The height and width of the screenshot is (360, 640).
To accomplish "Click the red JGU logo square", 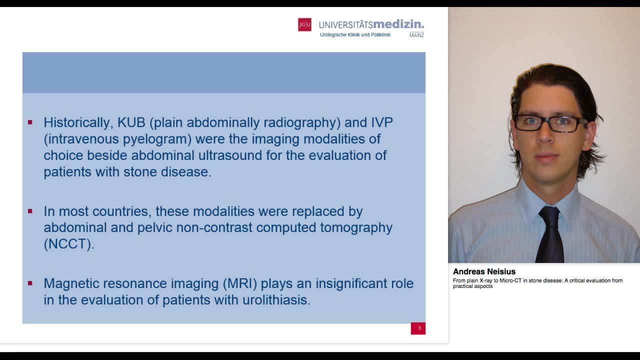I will pyautogui.click(x=304, y=24).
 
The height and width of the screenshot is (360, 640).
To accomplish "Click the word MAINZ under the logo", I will pyautogui.click(x=416, y=35).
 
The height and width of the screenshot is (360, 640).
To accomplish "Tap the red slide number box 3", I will pyautogui.click(x=418, y=328).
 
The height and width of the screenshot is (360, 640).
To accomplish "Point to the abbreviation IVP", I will pyautogui.click(x=381, y=122).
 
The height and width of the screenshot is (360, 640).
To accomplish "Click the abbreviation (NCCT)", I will pyautogui.click(x=68, y=244).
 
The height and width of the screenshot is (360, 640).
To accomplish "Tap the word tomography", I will pyautogui.click(x=356, y=227).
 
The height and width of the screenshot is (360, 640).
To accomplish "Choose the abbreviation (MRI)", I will pyautogui.click(x=240, y=283).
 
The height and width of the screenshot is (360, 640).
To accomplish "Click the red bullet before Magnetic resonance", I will pyautogui.click(x=30, y=283).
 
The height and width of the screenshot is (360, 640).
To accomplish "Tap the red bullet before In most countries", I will pyautogui.click(x=30, y=211).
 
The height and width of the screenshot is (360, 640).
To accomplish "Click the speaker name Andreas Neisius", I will pyautogui.click(x=484, y=271).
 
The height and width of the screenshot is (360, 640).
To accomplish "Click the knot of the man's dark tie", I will pyautogui.click(x=549, y=215).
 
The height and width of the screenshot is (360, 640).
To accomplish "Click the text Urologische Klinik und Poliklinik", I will pyautogui.click(x=355, y=35).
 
